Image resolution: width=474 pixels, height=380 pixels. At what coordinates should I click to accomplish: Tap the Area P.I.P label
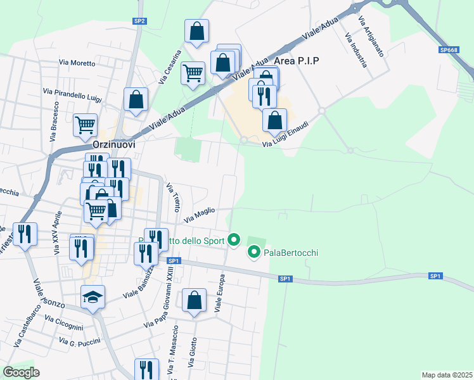(x=296, y=61)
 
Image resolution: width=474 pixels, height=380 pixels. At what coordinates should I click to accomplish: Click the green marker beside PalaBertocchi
(x=254, y=253)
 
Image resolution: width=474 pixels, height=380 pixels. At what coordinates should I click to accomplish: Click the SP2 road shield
(x=140, y=21)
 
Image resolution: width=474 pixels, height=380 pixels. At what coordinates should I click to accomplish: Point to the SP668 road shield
(x=448, y=50)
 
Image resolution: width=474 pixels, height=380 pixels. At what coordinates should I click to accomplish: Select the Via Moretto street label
(x=77, y=63)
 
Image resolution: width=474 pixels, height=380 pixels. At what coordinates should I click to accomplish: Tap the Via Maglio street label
(x=200, y=215)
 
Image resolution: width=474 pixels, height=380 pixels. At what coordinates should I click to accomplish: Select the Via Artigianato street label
(x=371, y=37)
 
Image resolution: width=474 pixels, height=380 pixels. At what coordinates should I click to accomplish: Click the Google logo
(x=21, y=372)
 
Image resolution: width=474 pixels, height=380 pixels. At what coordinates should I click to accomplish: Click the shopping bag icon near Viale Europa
(x=195, y=300)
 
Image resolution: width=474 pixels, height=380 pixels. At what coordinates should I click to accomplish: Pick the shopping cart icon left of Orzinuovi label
(x=85, y=124)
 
